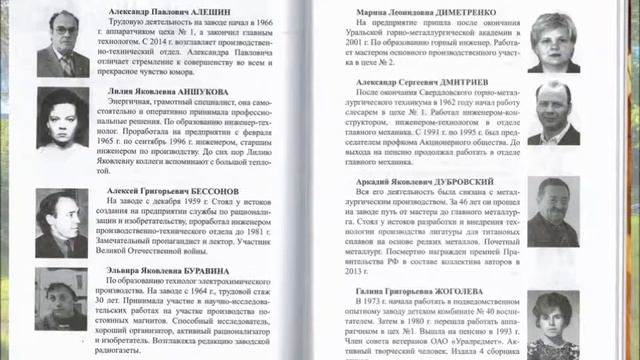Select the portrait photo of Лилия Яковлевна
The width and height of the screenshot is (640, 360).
pos(63,121)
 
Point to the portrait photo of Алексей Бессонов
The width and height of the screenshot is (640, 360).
pos(63,222)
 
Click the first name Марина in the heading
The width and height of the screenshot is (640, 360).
pos(347,13)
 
